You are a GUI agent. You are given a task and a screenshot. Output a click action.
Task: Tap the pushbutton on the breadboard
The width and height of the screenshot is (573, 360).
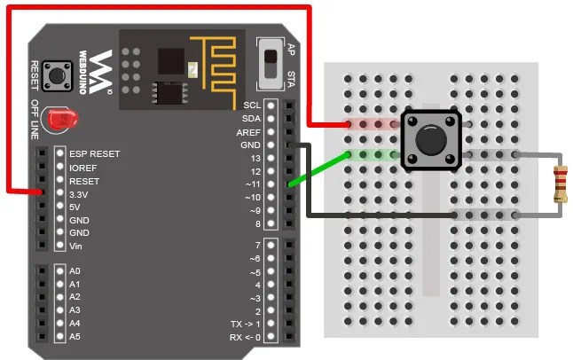[431, 140]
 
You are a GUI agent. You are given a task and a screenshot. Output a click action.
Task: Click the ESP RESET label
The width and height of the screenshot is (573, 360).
[94, 153]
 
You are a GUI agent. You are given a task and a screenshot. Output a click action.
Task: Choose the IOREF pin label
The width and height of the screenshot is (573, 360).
[83, 166]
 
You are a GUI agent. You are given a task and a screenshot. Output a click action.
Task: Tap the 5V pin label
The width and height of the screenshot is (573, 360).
[75, 206]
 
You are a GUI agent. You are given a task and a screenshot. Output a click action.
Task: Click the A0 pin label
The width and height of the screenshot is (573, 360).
[75, 270]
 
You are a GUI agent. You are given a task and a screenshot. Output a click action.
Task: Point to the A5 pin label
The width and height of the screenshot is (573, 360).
[75, 336]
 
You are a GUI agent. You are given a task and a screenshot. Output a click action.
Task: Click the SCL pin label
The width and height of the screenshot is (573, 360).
[251, 105]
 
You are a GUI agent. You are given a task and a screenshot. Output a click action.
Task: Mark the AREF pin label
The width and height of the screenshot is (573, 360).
[248, 131]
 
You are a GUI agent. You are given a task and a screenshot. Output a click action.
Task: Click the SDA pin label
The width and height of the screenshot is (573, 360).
[251, 118]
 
